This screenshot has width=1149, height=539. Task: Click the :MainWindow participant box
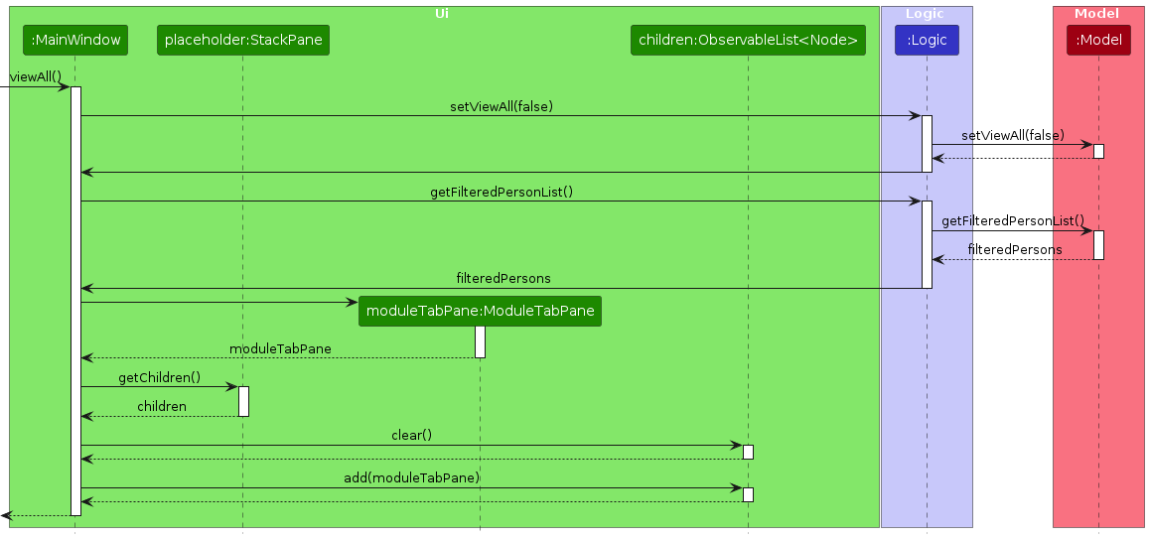[75, 41]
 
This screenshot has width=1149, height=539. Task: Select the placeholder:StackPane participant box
[242, 41]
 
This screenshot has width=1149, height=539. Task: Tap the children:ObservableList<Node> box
[748, 41]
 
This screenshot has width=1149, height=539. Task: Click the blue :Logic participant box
[927, 41]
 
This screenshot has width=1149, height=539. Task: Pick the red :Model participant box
[1098, 41]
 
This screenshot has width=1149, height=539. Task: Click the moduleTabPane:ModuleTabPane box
[481, 311]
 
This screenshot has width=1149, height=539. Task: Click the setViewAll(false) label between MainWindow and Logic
[502, 106]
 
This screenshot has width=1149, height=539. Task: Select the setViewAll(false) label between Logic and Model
[1012, 135]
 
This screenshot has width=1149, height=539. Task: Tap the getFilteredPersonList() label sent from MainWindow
[502, 192]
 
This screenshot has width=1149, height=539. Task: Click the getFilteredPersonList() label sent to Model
[1012, 220]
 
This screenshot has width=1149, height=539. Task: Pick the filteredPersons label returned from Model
[1014, 249]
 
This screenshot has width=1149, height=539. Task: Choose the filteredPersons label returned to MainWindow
[503, 278]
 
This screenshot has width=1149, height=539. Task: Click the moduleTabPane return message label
[280, 348]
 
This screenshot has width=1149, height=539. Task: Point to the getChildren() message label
[159, 377]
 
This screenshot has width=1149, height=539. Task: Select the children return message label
[161, 406]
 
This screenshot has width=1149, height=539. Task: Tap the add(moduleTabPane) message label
[411, 477]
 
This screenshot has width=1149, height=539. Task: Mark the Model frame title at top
[1096, 13]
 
